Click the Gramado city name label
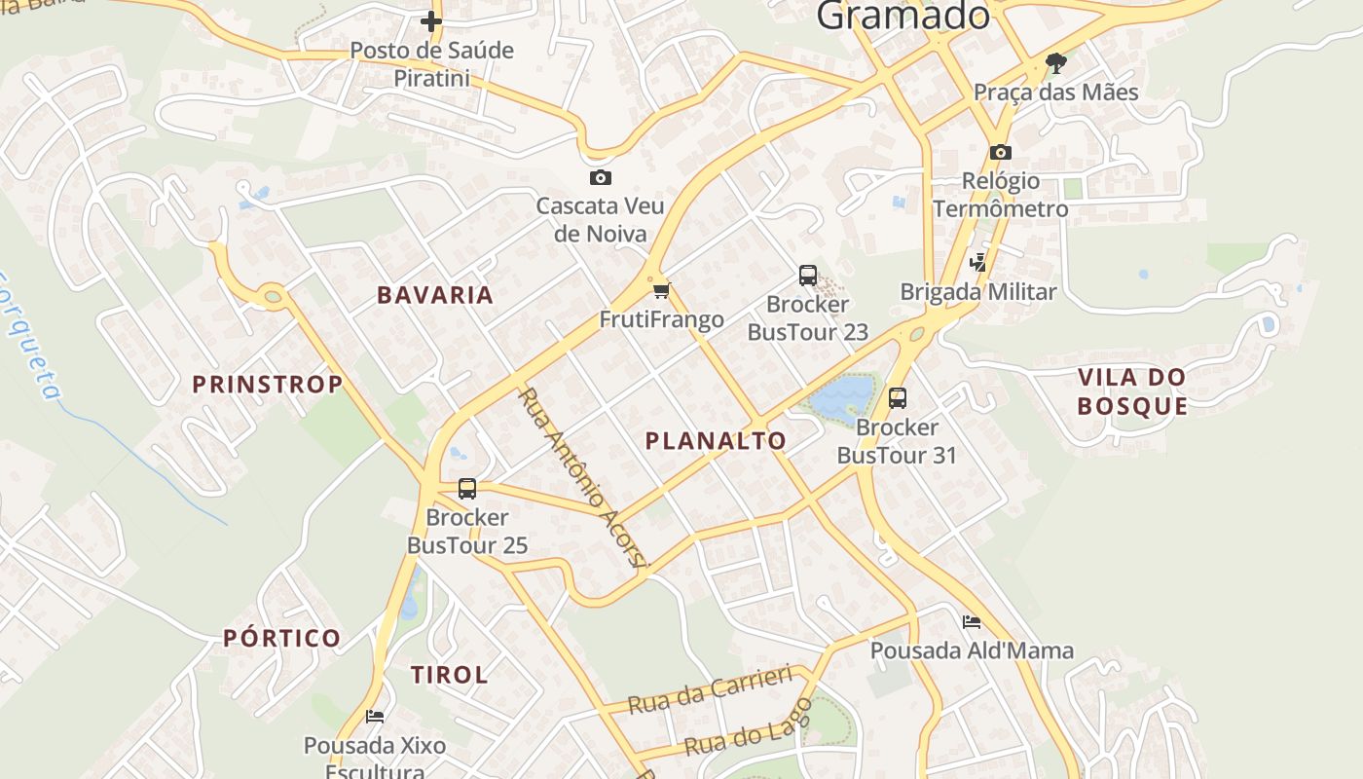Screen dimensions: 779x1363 pos(903,16)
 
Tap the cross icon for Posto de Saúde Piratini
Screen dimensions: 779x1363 pos(431,20)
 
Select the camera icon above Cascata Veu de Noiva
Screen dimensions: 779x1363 pos(601,177)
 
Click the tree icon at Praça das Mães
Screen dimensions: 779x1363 pos(1055,64)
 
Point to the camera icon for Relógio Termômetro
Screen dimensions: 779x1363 pos(1000,152)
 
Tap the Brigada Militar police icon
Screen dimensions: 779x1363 pos(977,262)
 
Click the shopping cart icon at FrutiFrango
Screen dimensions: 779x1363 pos(662,289)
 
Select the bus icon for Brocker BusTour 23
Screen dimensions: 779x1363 pos(808,276)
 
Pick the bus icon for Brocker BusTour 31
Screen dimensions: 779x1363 pos(898,397)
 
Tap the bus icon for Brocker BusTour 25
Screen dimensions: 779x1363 pos(467,488)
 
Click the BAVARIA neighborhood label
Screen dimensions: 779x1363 pos(435,295)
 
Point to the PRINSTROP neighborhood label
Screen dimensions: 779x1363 pos(268,385)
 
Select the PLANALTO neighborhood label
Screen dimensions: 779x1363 pos(716,441)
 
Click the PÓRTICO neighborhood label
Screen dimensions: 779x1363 pos(282,639)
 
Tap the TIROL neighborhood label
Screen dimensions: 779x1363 pos(449,675)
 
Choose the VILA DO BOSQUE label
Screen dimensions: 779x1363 pos(1132,391)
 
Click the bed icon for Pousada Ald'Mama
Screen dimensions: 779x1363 pos(971,621)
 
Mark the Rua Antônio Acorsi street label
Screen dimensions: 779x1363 pos(581,476)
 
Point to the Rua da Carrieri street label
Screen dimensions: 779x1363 pos(711,689)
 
